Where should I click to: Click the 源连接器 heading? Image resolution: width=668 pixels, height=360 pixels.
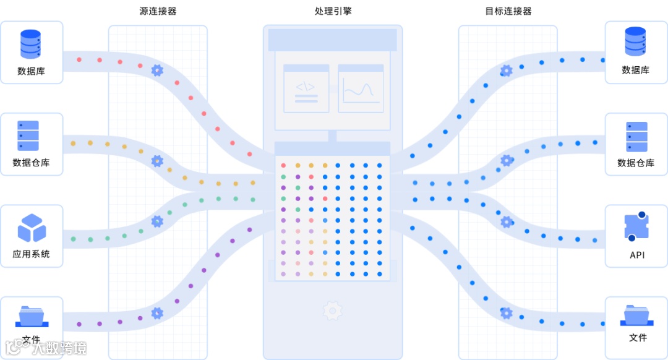point(158,11)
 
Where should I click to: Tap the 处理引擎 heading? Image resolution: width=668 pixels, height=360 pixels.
point(333,11)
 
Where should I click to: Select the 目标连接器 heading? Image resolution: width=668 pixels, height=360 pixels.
point(508,11)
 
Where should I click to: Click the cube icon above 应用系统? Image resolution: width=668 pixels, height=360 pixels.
point(32,228)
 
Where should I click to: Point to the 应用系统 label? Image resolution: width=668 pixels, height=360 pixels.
point(32,254)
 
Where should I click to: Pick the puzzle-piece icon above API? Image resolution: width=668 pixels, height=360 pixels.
point(636,227)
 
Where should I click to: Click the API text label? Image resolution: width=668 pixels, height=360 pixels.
point(637,255)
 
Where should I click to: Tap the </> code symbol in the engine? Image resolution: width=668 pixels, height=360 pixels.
point(306,87)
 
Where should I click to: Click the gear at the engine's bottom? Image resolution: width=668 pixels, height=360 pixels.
point(333,310)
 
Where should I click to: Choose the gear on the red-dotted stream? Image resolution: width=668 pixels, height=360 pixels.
point(157,70)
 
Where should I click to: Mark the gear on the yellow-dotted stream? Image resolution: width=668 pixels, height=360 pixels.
point(157,161)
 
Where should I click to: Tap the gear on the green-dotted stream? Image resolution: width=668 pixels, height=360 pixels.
point(157,221)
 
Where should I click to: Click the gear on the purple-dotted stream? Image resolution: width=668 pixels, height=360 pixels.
point(157,313)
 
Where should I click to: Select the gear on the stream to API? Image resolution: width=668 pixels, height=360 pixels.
point(507,221)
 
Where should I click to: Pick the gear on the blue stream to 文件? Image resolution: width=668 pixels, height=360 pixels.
point(507,313)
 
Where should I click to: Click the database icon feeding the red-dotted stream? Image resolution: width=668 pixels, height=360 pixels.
point(30,44)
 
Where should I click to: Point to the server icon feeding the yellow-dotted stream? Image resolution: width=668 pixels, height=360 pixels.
point(28,136)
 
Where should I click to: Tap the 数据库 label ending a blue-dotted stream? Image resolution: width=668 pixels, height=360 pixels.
point(636,71)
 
